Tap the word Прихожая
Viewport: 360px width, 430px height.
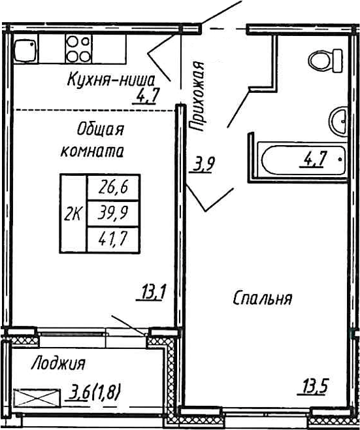point(197,96)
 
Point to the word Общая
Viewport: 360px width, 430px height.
point(99,128)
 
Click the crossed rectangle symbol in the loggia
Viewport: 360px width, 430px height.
point(36,397)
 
